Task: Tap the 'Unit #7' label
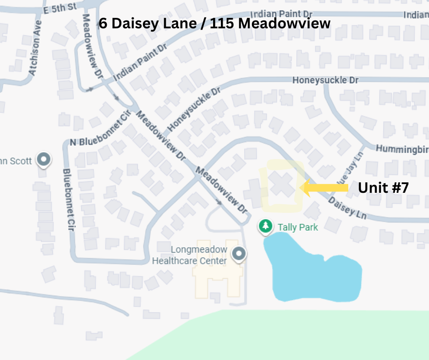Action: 383,188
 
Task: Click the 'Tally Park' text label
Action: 298,227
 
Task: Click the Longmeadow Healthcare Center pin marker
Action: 238,254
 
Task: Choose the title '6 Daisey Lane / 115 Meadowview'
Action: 214,23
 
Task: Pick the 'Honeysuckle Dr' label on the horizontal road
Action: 325,80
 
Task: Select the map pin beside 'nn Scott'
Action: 44,159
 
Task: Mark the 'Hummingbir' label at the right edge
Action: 402,149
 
